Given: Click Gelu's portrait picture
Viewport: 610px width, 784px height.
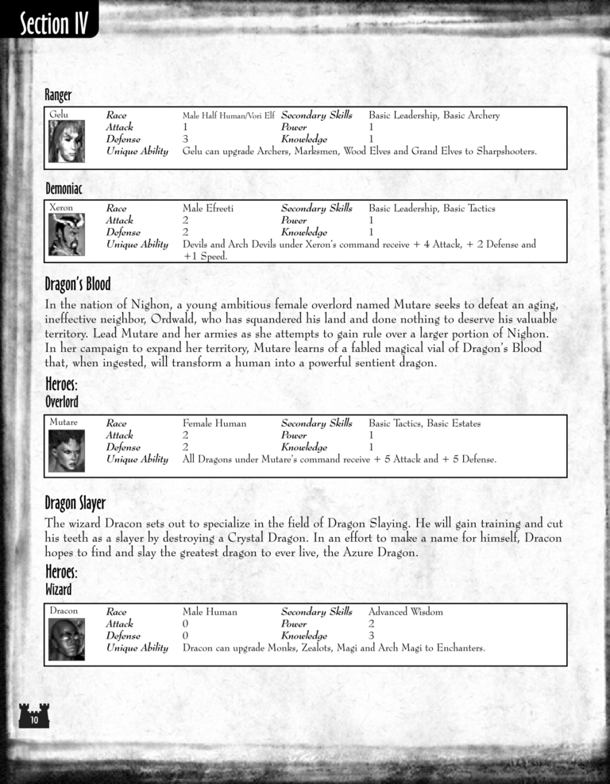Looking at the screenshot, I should click(x=67, y=141).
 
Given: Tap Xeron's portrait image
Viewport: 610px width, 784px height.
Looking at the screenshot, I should click(x=67, y=234).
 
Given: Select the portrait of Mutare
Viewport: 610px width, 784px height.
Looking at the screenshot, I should click(x=67, y=450).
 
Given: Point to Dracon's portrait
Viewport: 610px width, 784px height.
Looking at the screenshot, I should click(x=67, y=639).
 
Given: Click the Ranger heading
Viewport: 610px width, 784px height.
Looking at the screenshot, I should click(x=58, y=96).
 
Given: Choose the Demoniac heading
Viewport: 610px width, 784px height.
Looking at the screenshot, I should click(x=64, y=189).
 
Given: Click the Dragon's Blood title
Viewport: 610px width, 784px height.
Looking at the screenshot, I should click(x=78, y=284).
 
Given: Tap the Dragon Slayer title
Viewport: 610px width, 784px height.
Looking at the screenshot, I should click(x=75, y=503).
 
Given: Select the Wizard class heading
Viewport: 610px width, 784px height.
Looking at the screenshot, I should click(x=58, y=589).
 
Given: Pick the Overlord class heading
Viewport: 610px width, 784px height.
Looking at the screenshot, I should click(x=62, y=402).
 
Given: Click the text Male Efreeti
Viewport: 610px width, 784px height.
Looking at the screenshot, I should click(x=208, y=208).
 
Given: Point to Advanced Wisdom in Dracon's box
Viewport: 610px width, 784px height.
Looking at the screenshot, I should click(x=406, y=612).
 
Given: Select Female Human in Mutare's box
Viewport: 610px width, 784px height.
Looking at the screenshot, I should click(x=214, y=423).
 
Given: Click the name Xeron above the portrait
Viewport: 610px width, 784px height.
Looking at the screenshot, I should click(x=61, y=208).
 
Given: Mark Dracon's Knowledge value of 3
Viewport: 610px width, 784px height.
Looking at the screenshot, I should click(x=371, y=635).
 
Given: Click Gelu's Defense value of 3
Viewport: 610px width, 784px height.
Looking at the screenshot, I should click(x=185, y=139).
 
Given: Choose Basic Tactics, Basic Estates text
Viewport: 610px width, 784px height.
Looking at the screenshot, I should click(x=424, y=423).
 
